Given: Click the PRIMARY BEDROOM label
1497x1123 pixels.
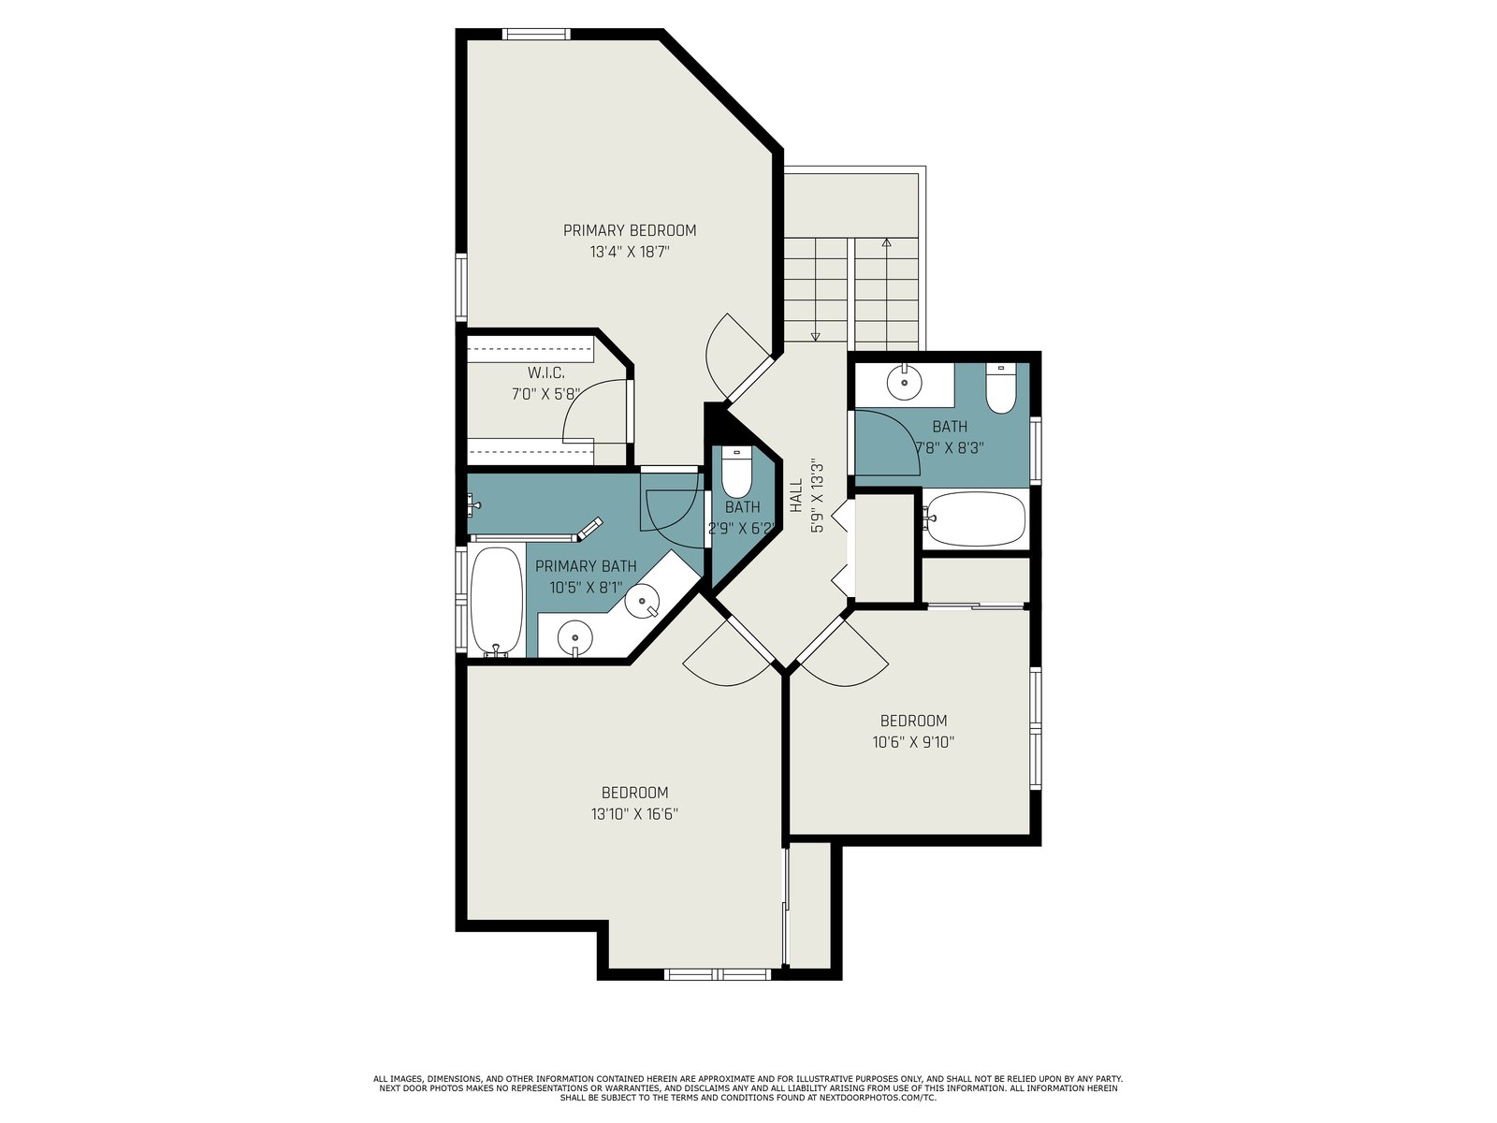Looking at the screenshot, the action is coord(630,230).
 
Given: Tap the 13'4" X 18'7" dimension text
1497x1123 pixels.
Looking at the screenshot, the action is coord(630,253).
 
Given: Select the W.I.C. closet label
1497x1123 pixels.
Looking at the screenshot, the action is coord(546,373).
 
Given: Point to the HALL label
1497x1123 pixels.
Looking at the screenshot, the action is coord(796,495).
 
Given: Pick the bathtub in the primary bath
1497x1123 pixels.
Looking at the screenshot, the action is coord(497,601).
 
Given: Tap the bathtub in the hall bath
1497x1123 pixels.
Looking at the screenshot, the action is coord(974,518).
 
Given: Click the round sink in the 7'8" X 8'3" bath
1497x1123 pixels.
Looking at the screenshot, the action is coord(905,382).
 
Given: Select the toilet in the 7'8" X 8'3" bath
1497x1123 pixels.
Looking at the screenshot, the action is coord(1000,388).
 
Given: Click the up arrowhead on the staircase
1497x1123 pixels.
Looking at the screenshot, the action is coord(886,242).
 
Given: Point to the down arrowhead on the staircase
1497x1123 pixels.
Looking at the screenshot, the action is coord(815,336).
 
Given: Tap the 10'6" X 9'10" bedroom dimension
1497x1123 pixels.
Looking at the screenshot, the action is coord(913,742).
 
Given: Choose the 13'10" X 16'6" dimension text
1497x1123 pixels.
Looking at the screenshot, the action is coord(634,814).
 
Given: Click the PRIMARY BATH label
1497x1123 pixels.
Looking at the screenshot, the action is coord(586,566).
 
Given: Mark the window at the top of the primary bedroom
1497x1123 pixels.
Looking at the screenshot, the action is coord(536,34).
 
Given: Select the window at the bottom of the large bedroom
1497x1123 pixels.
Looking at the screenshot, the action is coord(718,974).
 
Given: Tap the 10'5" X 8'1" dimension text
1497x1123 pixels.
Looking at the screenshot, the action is coord(586,588).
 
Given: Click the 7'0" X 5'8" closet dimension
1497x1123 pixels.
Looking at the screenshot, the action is coord(546,394).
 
